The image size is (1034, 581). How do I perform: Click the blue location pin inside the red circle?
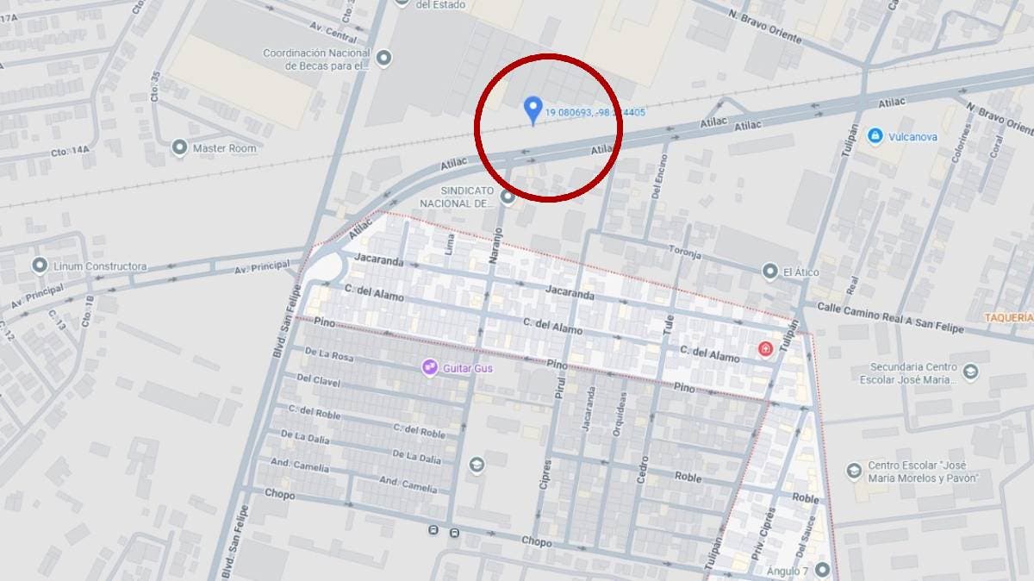click(533, 109)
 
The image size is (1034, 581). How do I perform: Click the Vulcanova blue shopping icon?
click(875, 136)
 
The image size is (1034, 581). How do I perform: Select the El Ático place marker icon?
click(769, 272)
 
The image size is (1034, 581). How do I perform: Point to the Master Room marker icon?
click(179, 147)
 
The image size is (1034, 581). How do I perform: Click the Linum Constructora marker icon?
click(39, 266)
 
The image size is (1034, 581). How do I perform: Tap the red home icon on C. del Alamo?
click(764, 348)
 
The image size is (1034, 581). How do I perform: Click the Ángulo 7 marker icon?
click(823, 570)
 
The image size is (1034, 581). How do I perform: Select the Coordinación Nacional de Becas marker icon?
click(384, 59)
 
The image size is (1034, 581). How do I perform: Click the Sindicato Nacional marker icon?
click(508, 197)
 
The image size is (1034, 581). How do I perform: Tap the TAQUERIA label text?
click(1009, 317)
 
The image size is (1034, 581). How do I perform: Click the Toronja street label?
click(685, 254)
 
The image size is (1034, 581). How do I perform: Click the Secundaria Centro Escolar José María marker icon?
click(971, 372)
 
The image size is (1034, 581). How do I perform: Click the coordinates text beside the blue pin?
click(595, 112)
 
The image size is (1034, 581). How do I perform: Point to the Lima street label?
click(449, 245)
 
